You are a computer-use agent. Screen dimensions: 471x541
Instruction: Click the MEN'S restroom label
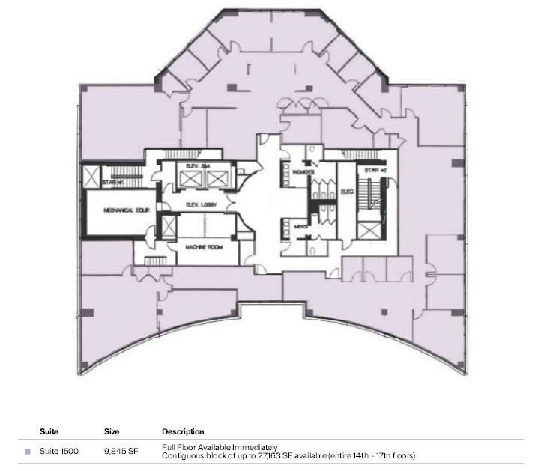297,225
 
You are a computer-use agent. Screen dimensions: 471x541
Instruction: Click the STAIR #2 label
375,171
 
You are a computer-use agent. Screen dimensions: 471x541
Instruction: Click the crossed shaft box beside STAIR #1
93,178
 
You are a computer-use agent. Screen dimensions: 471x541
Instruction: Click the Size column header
112,432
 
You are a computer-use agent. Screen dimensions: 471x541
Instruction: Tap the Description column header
183,432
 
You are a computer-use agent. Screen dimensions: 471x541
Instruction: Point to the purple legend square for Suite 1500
28,452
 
